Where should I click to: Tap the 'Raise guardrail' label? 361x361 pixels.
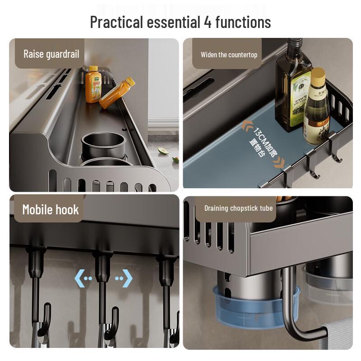[x=51, y=54]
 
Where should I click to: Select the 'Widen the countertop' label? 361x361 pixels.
[x=229, y=55]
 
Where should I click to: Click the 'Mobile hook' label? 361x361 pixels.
[x=51, y=209]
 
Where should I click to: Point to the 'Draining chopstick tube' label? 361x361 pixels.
[x=238, y=208]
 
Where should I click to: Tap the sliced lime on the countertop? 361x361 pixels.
[x=163, y=151]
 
